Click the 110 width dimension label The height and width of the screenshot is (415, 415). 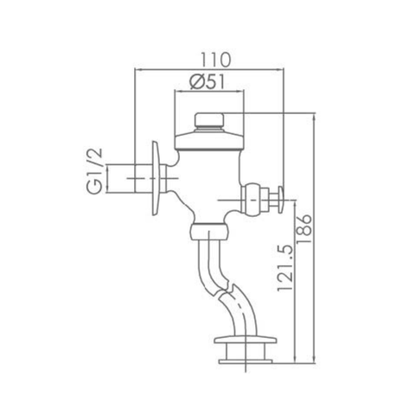209,60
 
